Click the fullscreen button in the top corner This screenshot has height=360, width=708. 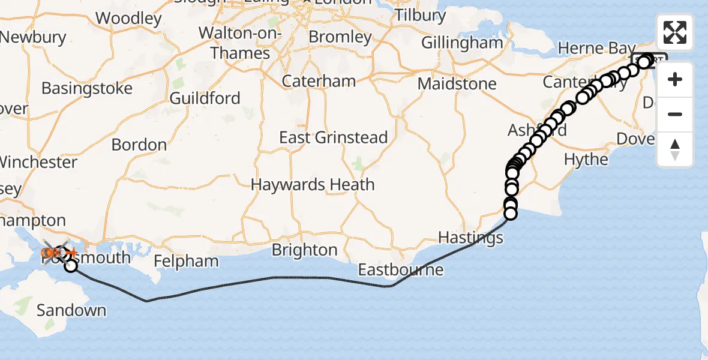[x=675, y=32]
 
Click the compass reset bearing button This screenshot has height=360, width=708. [x=675, y=149]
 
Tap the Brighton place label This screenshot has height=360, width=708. [x=305, y=250]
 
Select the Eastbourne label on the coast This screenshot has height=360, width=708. [x=401, y=269]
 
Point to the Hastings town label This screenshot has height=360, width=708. [x=470, y=238]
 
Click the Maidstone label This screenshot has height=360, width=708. [x=457, y=83]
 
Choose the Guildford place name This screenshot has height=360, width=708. [x=205, y=98]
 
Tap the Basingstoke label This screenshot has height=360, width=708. [x=87, y=89]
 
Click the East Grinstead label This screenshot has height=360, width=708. [x=334, y=137]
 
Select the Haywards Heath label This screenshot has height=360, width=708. [x=313, y=184]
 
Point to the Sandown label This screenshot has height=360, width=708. [x=71, y=310]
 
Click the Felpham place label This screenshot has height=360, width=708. [x=185, y=261]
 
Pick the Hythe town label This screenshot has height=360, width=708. [x=586, y=160]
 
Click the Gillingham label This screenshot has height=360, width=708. [x=462, y=43]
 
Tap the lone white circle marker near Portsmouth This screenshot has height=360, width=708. [x=71, y=265]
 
